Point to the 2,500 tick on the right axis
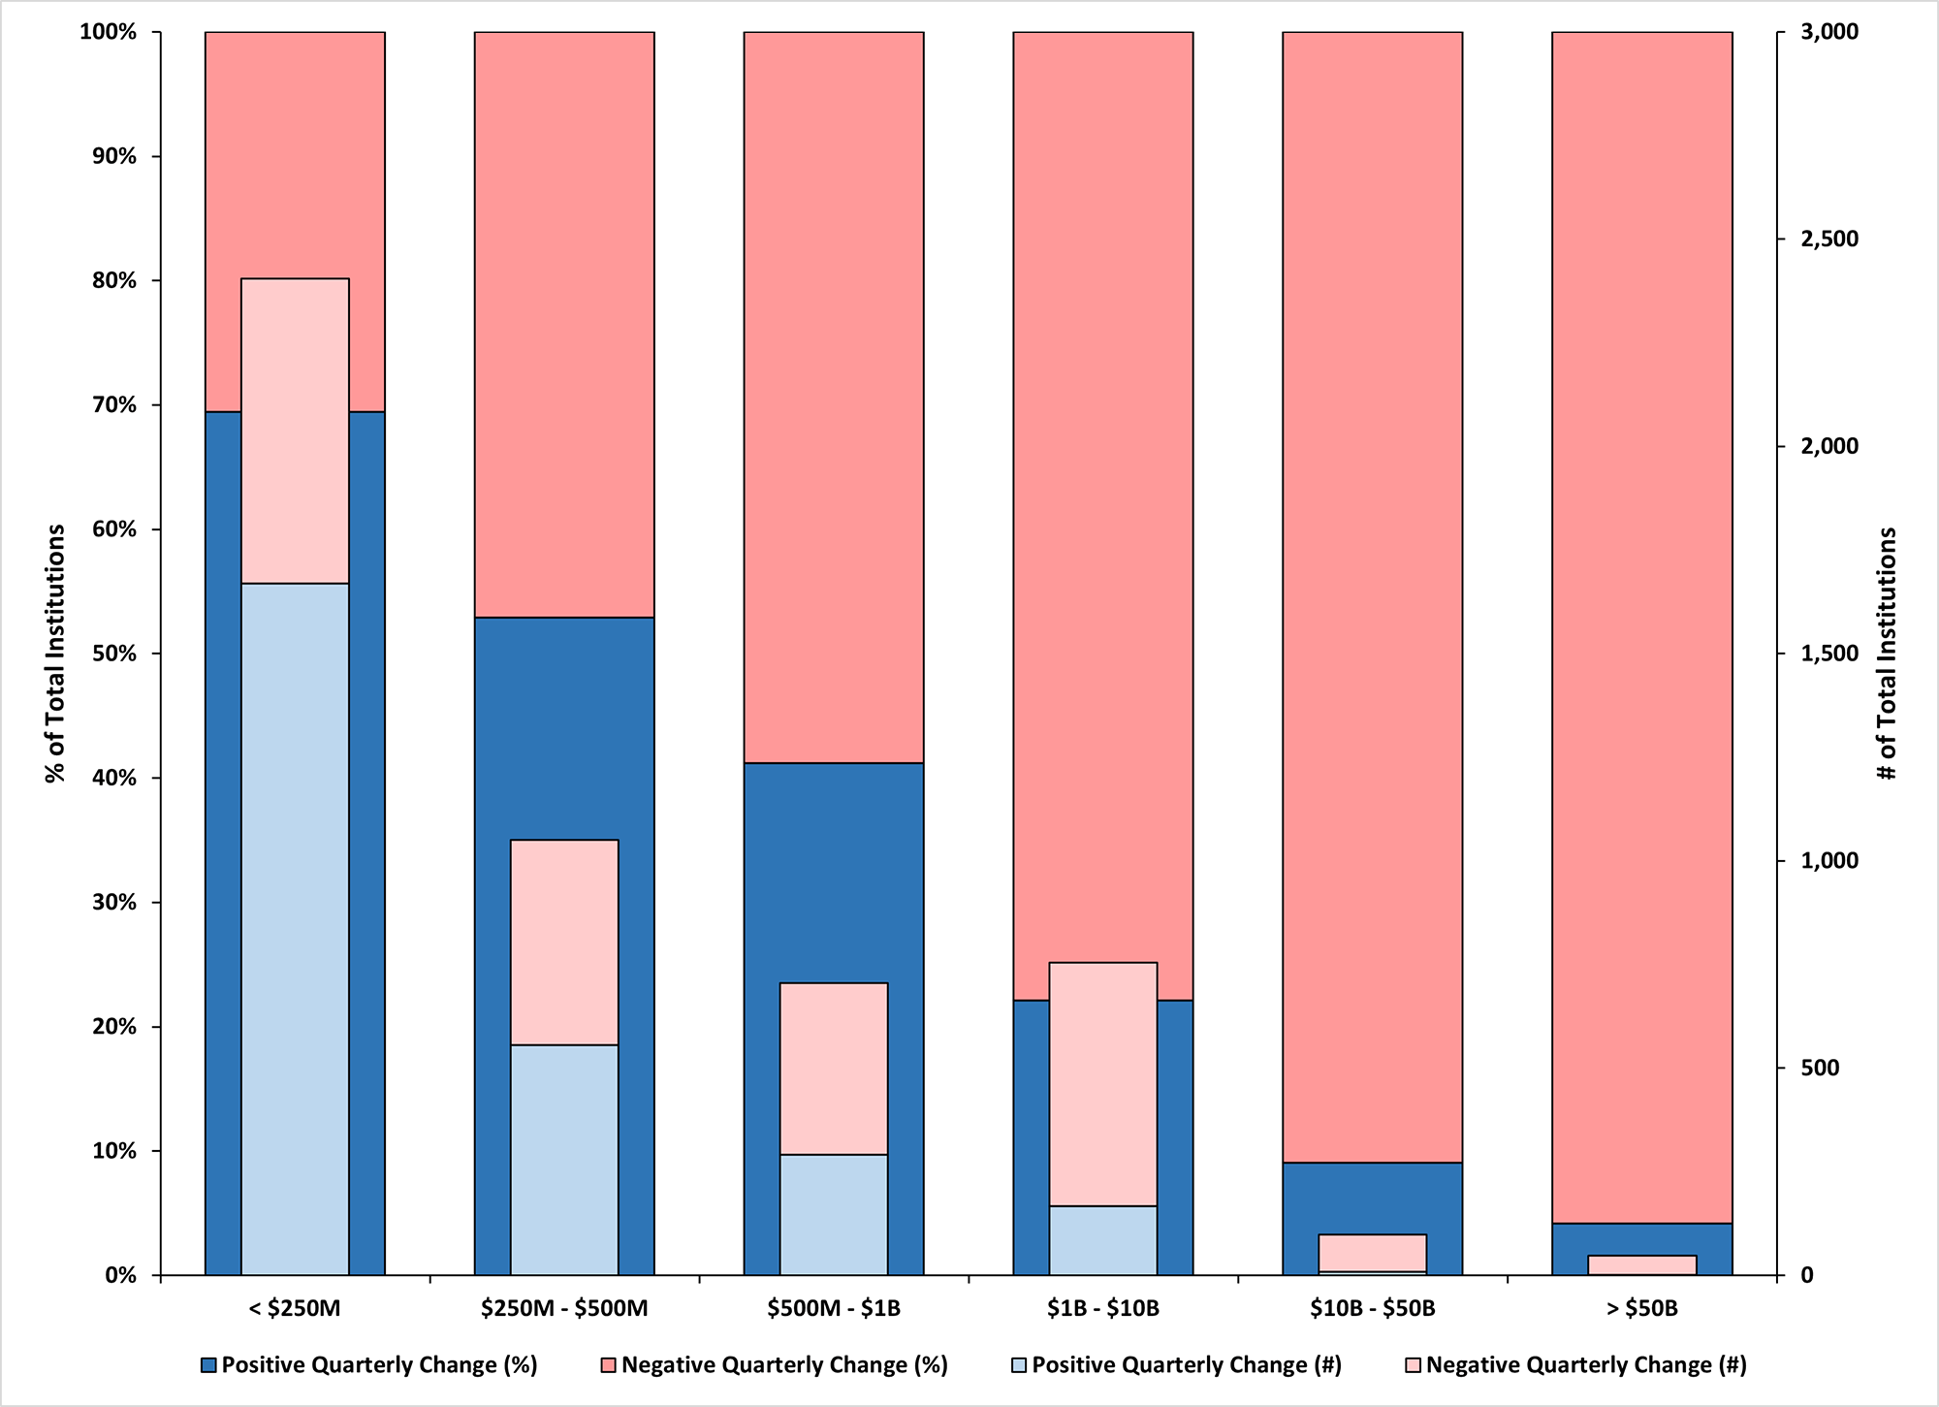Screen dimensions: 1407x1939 click(1829, 240)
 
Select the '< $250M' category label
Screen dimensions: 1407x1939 click(295, 1308)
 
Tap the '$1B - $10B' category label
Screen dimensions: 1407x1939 click(1102, 1308)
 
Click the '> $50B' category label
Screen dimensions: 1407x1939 click(1641, 1308)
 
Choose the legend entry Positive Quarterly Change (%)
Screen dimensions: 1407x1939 click(378, 1365)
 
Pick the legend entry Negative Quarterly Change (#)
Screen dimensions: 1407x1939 click(1585, 1365)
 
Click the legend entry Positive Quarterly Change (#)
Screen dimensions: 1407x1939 click(1186, 1365)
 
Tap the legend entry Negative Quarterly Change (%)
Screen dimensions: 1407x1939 click(783, 1365)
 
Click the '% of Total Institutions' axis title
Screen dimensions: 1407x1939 click(55, 653)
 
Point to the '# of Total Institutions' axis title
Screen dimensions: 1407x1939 click(1887, 653)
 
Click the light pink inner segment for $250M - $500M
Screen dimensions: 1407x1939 click(564, 941)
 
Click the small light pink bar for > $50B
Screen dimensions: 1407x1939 click(1641, 1264)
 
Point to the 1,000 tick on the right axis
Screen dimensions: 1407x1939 click(1829, 861)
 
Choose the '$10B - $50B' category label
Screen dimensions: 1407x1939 click(1372, 1308)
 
